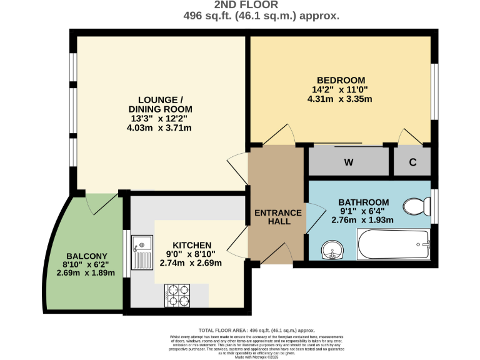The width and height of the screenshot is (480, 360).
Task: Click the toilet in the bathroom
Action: coord(416,205)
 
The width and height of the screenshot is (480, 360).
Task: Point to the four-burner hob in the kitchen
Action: coord(177,296)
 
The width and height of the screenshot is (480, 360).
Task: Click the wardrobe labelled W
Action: coord(349,162)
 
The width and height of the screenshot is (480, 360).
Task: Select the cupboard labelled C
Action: coord(412,162)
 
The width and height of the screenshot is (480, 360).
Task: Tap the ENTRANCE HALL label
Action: coord(278,217)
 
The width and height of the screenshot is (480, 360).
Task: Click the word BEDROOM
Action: coord(341,80)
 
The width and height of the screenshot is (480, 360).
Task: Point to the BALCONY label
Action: coord(87,256)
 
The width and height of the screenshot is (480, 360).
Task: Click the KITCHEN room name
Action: coord(192,244)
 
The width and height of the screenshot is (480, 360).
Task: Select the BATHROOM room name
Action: coord(363,202)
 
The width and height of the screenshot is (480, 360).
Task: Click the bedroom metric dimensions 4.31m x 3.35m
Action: coord(341,99)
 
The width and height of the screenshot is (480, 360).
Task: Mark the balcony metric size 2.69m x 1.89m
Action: coord(87,273)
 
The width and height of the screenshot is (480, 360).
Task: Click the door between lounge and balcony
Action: coord(101,201)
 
